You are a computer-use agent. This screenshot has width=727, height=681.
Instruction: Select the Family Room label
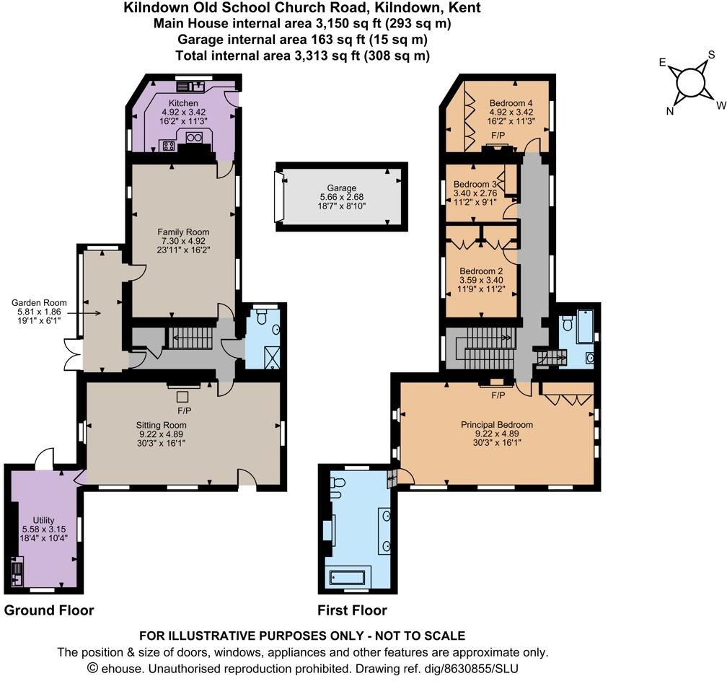click(183, 232)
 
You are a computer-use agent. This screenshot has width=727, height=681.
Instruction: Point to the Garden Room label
click(40, 303)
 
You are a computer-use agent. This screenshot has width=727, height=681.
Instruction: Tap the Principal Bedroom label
click(497, 425)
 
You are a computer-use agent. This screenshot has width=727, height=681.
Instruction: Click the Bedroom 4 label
click(511, 102)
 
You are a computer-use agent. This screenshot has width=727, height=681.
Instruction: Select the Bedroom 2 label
click(481, 271)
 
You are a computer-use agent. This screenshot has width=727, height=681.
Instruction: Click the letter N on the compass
click(670, 110)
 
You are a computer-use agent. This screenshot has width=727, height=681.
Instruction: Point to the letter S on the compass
click(710, 55)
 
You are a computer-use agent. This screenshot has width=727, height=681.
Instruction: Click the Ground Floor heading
click(49, 610)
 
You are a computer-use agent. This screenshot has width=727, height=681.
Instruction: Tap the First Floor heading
click(352, 610)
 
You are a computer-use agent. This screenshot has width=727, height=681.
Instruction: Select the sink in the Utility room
click(17, 574)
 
